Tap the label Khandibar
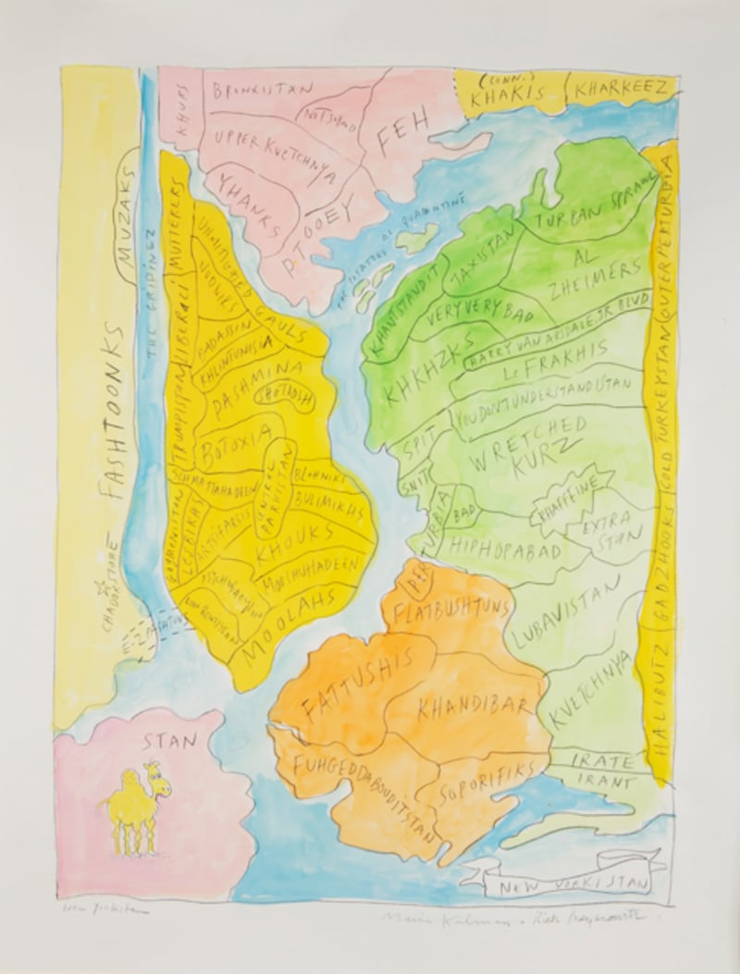pyautogui.click(x=475, y=708)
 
